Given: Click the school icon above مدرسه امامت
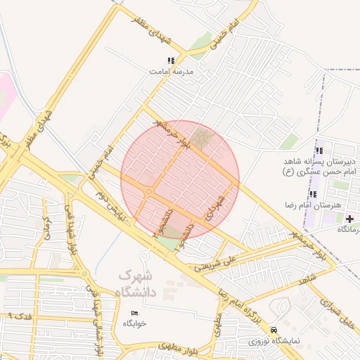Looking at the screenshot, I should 170,61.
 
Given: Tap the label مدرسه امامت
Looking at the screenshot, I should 171,72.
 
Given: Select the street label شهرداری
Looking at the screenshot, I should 215,204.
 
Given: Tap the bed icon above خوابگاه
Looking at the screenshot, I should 134,313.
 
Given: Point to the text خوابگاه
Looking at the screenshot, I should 134,323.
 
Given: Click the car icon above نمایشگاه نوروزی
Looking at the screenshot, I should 274,330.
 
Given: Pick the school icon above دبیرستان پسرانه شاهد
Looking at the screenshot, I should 319,150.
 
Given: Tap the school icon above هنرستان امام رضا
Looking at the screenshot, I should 313,193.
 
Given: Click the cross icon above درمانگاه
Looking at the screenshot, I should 350,219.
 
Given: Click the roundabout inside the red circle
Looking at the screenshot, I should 149,192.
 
